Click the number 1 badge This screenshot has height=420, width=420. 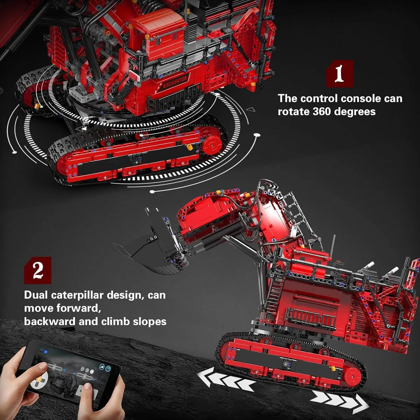pyautogui.click(x=339, y=74)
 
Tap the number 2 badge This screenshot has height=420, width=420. pyautogui.click(x=37, y=270)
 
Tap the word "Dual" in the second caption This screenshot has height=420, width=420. pyautogui.click(x=36, y=295)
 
